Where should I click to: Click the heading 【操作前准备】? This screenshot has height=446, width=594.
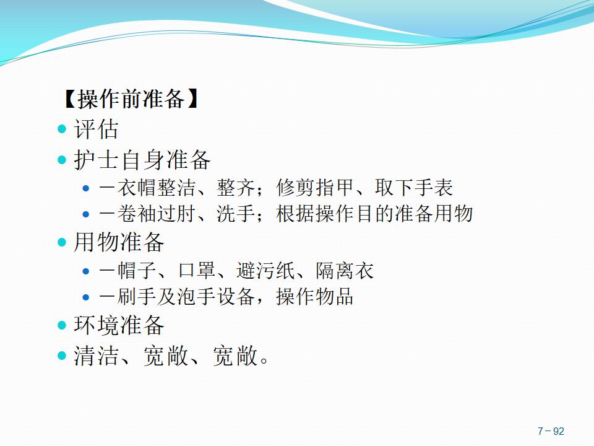click(131, 99)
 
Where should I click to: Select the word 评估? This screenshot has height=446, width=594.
click(97, 129)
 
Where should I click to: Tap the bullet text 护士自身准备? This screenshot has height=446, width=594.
click(142, 160)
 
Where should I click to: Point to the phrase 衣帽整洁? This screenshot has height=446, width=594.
click(156, 187)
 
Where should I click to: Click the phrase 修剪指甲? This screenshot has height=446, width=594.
click(316, 187)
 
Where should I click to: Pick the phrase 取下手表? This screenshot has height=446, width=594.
click(414, 187)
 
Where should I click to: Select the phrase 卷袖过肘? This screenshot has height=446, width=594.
click(156, 213)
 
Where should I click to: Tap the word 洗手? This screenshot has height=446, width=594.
click(235, 213)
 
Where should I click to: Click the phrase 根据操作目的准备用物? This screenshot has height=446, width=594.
click(375, 213)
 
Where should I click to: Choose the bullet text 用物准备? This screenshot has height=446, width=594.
click(119, 242)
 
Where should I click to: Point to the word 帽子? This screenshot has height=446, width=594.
click(136, 271)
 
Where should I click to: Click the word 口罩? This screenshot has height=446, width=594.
click(197, 271)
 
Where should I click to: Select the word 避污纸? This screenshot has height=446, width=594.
click(265, 271)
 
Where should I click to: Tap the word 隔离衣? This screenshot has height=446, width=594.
click(345, 271)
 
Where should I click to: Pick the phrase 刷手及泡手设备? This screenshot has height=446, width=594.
click(186, 296)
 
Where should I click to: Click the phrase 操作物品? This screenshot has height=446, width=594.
click(315, 296)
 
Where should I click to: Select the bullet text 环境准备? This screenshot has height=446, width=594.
click(119, 325)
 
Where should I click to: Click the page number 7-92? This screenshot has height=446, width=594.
click(551, 431)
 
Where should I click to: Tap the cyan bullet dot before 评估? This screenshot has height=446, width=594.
click(62, 129)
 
